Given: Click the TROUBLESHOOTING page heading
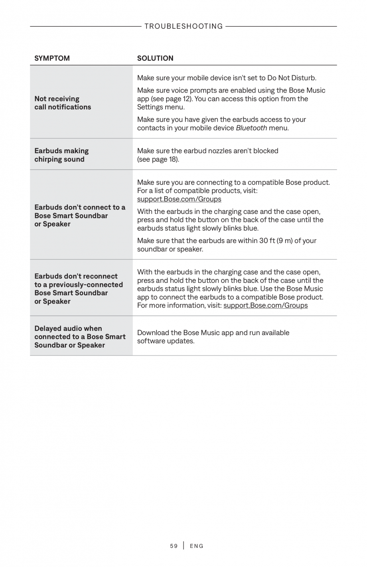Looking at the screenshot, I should coord(183,26).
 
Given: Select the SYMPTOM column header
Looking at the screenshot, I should coord(52,58).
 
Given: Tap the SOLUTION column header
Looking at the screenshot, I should coord(155,58).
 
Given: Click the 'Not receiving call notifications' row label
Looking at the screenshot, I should coord(63,103).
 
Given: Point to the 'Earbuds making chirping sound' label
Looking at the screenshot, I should coord(61,155).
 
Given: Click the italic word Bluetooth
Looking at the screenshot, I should coord(251,128).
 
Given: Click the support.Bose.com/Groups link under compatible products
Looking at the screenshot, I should coord(179,199).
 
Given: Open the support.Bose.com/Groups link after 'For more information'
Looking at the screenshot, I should coord(265,306).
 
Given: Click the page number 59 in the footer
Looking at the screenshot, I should coord(174,546).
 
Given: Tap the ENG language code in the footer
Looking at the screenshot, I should coord(197,546).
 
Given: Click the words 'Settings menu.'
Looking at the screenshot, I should coord(161,107).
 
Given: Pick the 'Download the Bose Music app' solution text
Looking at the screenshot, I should coord(213,333).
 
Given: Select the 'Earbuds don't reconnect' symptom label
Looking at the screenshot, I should coord(76,276).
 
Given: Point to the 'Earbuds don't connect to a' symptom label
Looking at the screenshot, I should coord(80,207).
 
